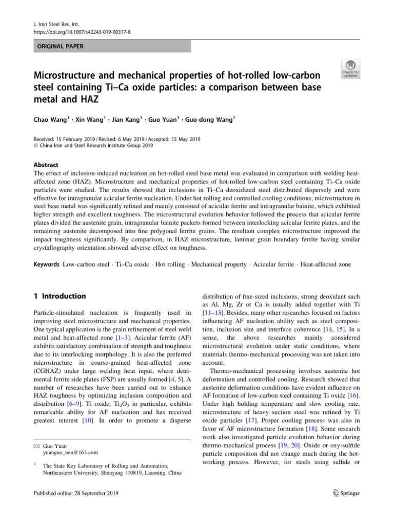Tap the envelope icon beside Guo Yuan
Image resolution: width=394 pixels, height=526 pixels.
(35, 445)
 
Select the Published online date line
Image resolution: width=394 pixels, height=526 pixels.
(75, 494)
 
